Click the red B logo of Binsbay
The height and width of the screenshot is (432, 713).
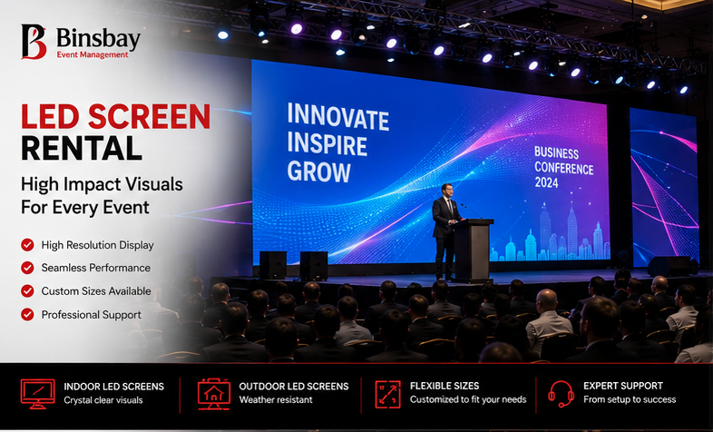point(34,42)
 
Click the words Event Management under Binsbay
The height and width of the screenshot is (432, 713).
point(93,55)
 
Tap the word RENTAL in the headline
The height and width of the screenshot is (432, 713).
point(82,148)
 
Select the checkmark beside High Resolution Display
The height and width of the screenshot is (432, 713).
point(27,245)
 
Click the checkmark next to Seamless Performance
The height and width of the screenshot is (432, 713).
point(27,268)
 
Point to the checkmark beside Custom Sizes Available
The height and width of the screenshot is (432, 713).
point(27,290)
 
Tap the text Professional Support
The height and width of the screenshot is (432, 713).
point(91,315)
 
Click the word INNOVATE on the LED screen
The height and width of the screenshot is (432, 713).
point(337,117)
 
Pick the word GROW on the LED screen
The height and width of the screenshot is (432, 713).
point(318,172)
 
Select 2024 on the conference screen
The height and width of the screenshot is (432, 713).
point(547,182)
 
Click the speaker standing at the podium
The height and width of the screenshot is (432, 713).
point(445,232)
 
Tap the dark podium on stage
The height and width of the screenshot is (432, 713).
point(473,250)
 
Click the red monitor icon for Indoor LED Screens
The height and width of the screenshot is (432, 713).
point(38,394)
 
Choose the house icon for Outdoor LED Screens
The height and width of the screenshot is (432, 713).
point(214,394)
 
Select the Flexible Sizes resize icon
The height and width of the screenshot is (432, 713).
point(388,394)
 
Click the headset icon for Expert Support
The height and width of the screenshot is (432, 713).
point(561,394)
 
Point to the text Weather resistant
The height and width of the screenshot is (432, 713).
point(276,399)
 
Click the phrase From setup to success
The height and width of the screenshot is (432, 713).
point(630,399)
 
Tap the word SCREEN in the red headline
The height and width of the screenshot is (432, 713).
point(149,116)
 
